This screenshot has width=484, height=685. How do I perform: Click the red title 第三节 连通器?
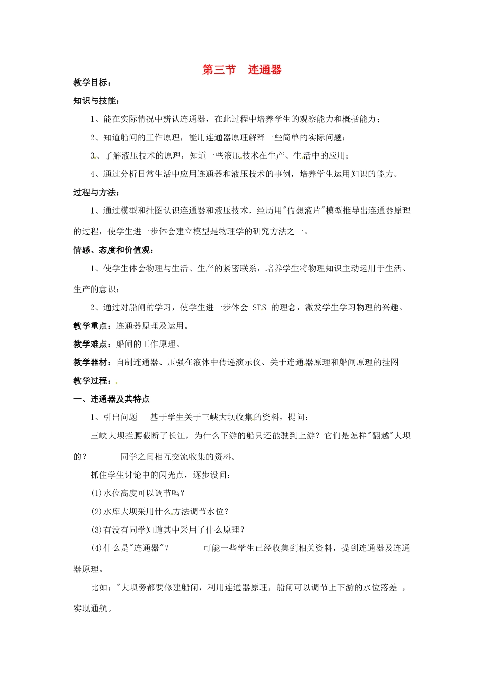pyautogui.click(x=242, y=70)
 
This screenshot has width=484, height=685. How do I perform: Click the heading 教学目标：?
pyautogui.click(x=92, y=83)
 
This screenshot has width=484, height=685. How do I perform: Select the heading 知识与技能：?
pyautogui.click(x=97, y=101)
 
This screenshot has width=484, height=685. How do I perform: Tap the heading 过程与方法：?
pyautogui.click(x=97, y=192)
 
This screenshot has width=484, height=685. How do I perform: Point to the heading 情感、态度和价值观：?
pyautogui.click(x=114, y=250)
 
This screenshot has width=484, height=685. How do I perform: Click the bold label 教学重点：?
pyautogui.click(x=94, y=326)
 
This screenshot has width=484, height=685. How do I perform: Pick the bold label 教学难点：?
pyautogui.click(x=94, y=344)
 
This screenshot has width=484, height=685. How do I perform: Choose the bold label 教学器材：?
pyautogui.click(x=94, y=362)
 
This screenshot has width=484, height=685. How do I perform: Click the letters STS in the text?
pyautogui.click(x=259, y=307)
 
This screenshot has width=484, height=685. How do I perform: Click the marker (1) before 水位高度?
pyautogui.click(x=97, y=493)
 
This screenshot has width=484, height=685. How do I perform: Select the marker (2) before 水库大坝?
pyautogui.click(x=97, y=511)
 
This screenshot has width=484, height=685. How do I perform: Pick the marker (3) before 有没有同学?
pyautogui.click(x=97, y=530)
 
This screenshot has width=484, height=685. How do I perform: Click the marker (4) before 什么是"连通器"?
pyautogui.click(x=97, y=548)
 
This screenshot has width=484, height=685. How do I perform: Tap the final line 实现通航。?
pyautogui.click(x=93, y=608)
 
